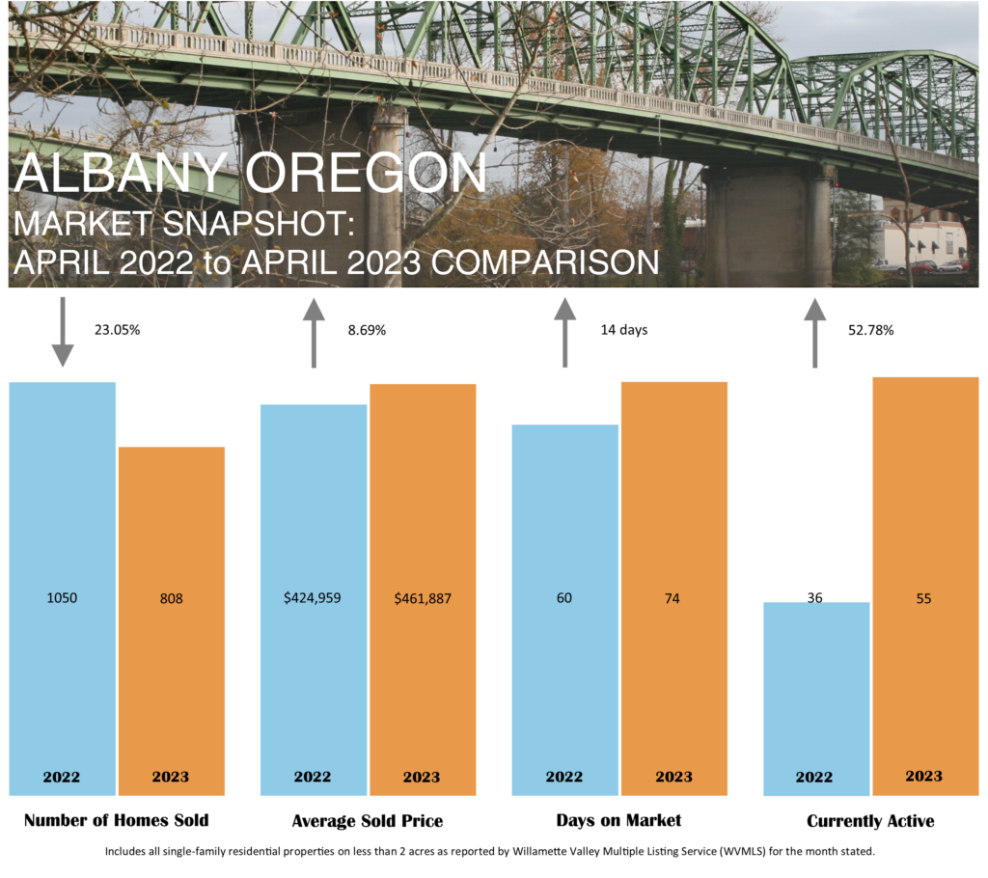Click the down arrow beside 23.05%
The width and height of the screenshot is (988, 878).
pyautogui.click(x=63, y=332)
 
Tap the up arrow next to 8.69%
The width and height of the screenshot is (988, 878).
pyautogui.click(x=314, y=333)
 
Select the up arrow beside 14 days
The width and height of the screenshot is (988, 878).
pyautogui.click(x=565, y=332)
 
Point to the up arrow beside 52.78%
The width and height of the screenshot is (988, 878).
pyautogui.click(x=815, y=333)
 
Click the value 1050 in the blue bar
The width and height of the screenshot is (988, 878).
pyautogui.click(x=62, y=597)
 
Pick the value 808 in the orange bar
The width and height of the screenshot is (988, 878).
pyautogui.click(x=172, y=598)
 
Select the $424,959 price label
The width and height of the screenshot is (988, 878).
pyautogui.click(x=312, y=597)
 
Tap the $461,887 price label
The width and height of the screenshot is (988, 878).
pyautogui.click(x=423, y=598)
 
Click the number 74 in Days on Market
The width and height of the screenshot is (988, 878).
pyautogui.click(x=672, y=598)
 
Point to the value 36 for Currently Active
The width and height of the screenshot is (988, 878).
pyautogui.click(x=814, y=597)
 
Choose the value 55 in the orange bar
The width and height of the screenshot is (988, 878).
pyautogui.click(x=923, y=598)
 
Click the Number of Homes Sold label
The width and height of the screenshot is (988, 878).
pyautogui.click(x=117, y=820)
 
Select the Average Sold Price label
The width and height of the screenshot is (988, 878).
pyautogui.click(x=368, y=821)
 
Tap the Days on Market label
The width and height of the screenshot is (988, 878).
pyautogui.click(x=618, y=820)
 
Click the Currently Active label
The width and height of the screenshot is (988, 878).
pyautogui.click(x=871, y=821)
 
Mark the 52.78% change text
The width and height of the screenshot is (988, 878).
pyautogui.click(x=871, y=330)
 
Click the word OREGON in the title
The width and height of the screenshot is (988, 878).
pyautogui.click(x=366, y=172)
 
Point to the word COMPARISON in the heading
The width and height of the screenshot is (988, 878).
pyautogui.click(x=545, y=262)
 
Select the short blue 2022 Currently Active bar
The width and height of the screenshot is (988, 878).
pyautogui.click(x=816, y=699)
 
